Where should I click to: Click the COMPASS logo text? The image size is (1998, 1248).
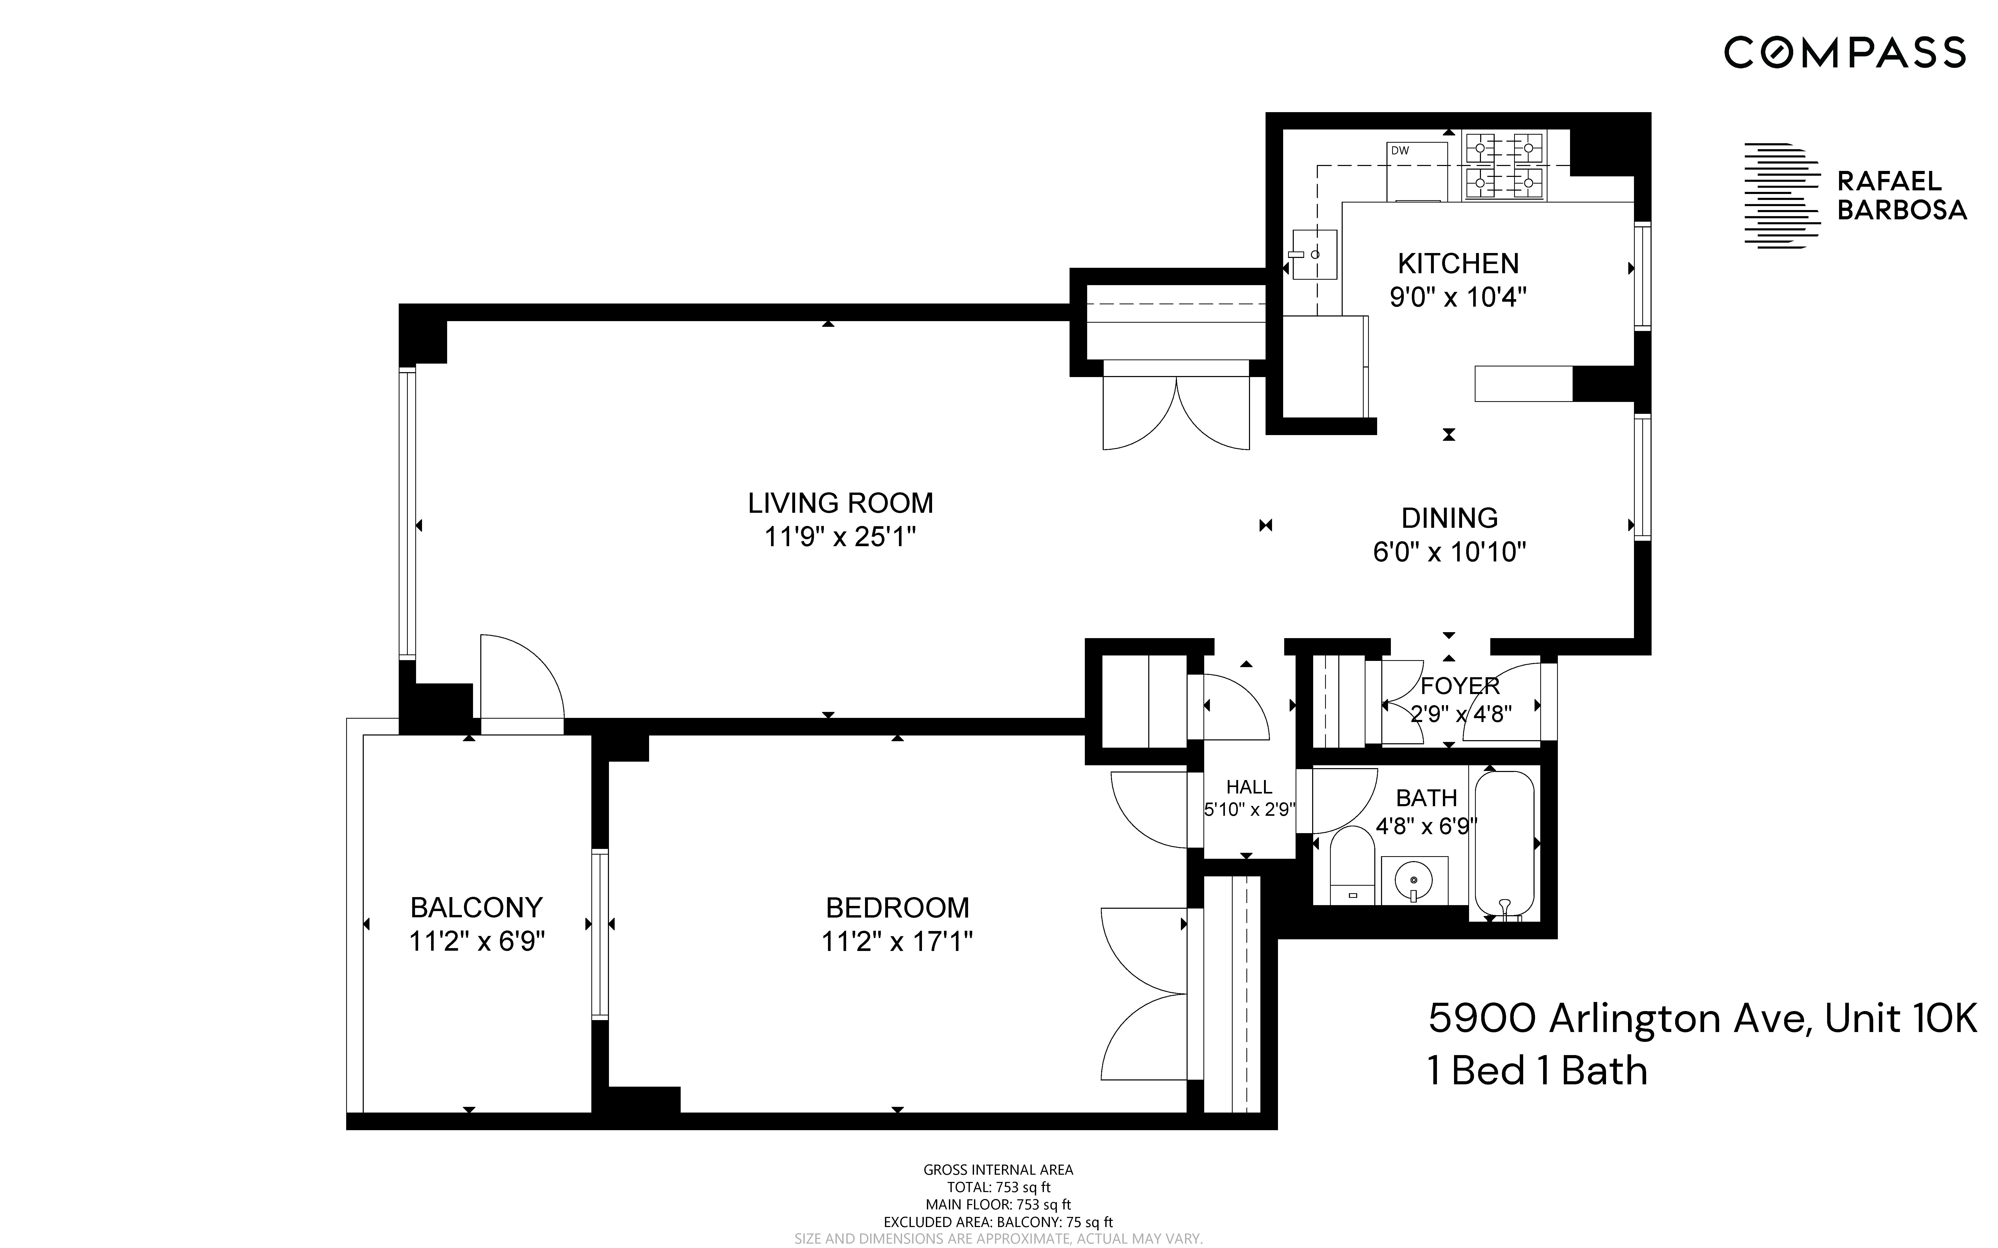tap(1844, 53)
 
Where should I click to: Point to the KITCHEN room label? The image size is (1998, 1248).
tap(1458, 263)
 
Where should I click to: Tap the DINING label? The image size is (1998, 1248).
tap(1449, 517)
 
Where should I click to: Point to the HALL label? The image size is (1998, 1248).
tap(1249, 787)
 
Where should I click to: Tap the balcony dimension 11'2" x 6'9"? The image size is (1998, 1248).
tap(477, 941)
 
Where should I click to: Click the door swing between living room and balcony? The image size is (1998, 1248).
tap(520, 677)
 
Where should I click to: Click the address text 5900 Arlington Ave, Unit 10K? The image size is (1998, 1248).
tap(1703, 1019)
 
